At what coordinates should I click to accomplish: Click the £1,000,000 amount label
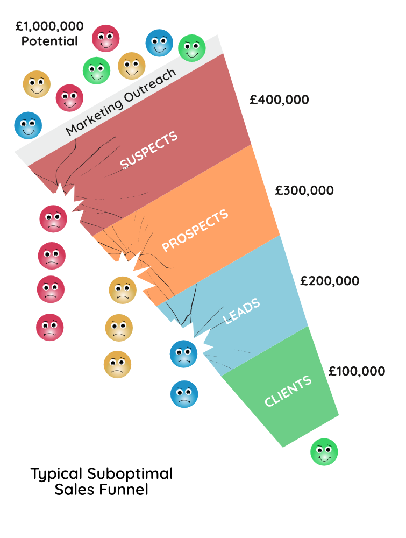[49, 25]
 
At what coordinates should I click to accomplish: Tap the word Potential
[49, 41]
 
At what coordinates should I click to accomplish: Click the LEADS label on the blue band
[242, 311]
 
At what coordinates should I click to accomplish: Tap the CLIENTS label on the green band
[288, 391]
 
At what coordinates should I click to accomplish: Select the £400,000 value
[279, 100]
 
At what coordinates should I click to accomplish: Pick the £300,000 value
[304, 190]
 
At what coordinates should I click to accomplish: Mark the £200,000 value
[330, 281]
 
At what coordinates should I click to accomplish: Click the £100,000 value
[357, 371]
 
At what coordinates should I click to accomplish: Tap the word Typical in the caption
[56, 475]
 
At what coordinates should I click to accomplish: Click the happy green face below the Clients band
[324, 452]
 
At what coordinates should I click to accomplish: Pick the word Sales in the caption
[74, 490]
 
